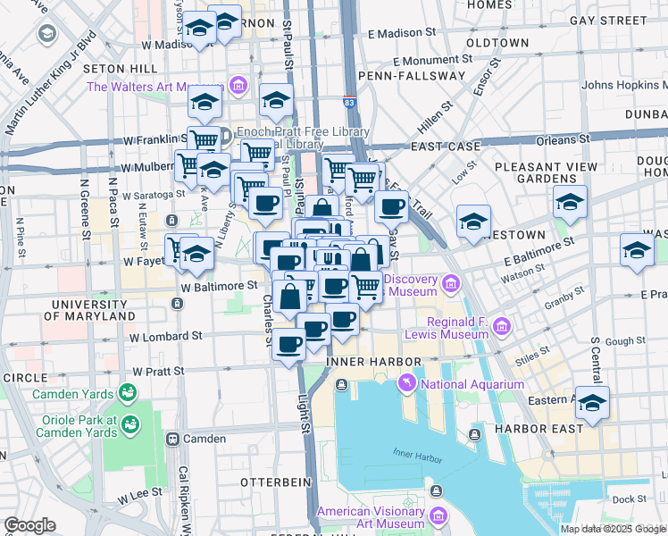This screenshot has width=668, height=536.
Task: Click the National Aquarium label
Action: coord(472,384)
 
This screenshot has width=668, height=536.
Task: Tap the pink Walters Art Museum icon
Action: coord(238,87)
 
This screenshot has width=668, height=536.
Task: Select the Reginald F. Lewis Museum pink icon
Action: coord(502,326)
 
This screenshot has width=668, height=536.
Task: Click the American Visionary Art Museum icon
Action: coord(438,517)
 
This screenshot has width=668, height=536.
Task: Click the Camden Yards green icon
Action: coord(128,393)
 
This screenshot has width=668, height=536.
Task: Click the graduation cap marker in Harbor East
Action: coord(591,403)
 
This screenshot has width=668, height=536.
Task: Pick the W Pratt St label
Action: coord(158,370)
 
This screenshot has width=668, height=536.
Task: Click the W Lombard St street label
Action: coord(165,337)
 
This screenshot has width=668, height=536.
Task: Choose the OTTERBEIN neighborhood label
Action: coord(276,482)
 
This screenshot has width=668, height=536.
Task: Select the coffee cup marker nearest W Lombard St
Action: coord(288,344)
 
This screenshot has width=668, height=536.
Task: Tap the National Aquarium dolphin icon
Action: coord(407,384)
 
